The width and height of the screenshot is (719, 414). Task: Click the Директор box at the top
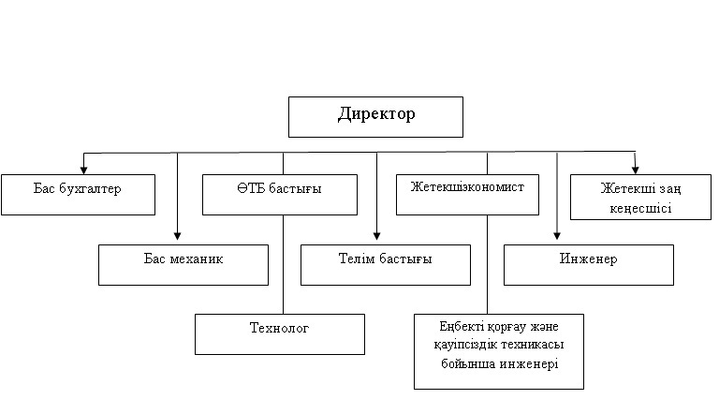(x=375, y=117)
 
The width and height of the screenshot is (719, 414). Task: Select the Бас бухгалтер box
(x=78, y=195)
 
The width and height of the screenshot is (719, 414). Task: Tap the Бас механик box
(x=183, y=265)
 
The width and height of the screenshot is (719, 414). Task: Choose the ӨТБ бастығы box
(x=280, y=195)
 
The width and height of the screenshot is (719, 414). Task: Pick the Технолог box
(x=280, y=334)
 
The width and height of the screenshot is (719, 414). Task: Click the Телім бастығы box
(x=386, y=265)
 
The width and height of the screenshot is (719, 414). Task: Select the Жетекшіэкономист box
(x=467, y=195)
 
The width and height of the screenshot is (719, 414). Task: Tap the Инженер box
(x=589, y=265)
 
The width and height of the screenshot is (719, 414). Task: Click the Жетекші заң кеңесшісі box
(x=640, y=197)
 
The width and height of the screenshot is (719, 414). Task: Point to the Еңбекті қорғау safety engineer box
(x=499, y=351)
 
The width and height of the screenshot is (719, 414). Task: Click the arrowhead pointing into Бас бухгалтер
(x=83, y=170)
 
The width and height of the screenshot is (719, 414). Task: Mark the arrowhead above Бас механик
(x=178, y=236)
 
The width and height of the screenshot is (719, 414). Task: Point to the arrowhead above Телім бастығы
(x=376, y=236)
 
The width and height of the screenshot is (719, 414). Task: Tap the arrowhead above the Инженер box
(x=557, y=236)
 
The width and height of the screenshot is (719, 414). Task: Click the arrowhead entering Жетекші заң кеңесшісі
(x=635, y=170)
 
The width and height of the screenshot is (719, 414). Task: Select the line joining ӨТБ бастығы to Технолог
(x=284, y=264)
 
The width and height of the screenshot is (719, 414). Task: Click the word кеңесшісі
(x=640, y=208)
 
